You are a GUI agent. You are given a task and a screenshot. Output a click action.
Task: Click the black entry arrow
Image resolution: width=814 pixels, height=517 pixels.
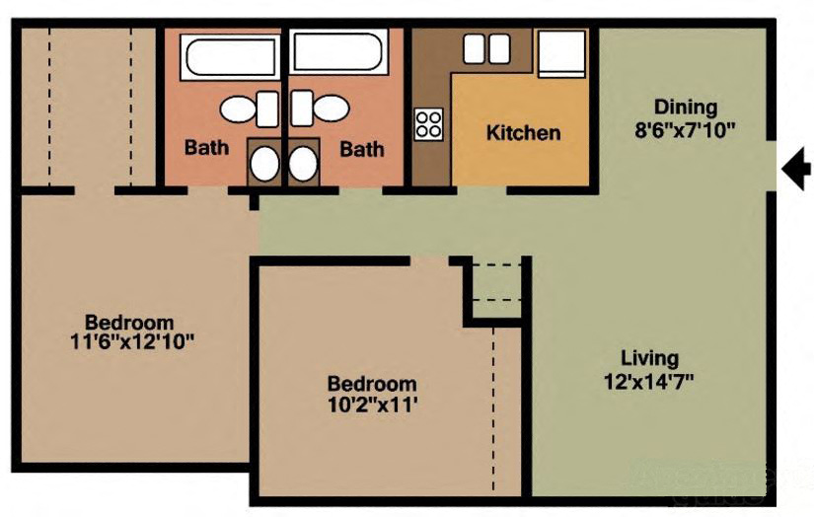tap(795, 170)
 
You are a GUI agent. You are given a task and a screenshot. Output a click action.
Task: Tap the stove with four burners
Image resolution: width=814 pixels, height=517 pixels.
tap(429, 123)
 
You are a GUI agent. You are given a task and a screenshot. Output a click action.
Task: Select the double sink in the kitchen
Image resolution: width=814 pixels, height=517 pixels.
tap(485, 48)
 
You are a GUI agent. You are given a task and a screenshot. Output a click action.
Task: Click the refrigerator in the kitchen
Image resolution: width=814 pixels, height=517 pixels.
tap(561, 53)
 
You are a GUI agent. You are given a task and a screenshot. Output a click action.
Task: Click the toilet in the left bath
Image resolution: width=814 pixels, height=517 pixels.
tap(250, 109)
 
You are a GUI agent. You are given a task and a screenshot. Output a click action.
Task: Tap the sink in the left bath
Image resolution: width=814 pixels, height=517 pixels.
tap(263, 164)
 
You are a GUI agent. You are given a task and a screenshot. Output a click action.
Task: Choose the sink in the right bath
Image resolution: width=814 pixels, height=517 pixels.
tap(303, 164)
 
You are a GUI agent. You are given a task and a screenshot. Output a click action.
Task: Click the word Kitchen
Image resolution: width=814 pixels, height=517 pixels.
tap(523, 132)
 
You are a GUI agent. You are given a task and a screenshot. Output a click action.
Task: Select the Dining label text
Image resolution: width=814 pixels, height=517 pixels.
tap(685, 108)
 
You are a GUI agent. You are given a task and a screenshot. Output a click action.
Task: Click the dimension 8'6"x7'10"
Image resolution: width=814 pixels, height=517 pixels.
tap(685, 129)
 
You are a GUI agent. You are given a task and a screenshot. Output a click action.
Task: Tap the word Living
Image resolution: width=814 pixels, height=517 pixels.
tap(649, 358)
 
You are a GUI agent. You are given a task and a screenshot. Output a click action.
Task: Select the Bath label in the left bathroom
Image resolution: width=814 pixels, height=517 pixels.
tap(207, 149)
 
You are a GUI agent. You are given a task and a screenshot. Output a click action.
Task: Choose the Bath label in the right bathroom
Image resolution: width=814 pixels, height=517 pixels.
tap(362, 149)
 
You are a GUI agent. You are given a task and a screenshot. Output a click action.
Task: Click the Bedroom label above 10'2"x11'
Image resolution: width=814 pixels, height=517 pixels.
tap(372, 383)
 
